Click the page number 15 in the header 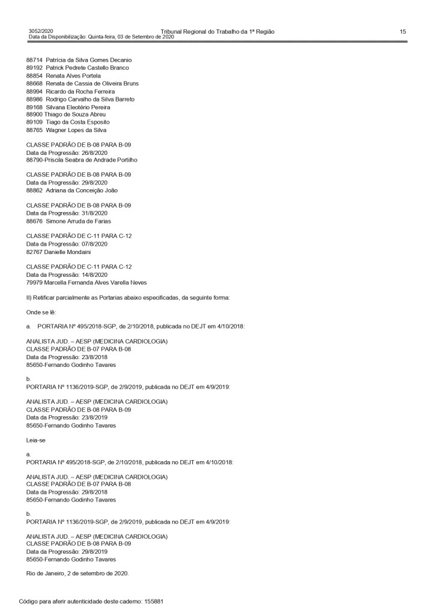point(403,31)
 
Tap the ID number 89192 point(34,68)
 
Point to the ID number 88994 point(34,91)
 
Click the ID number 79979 point(34,283)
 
